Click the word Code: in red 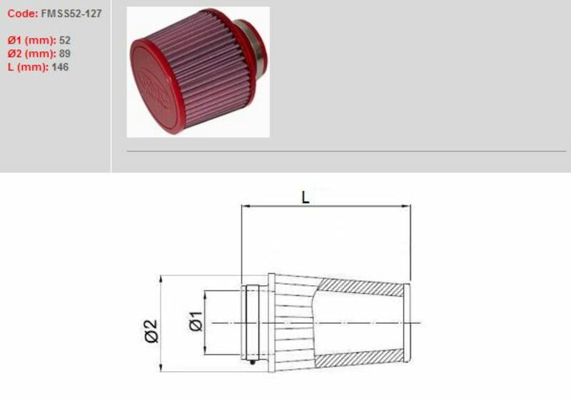(x=22, y=13)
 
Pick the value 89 (x=64, y=54)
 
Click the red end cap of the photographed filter (x=156, y=83)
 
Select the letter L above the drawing (x=305, y=197)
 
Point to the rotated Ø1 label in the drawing (x=197, y=323)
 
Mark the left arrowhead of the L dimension (x=246, y=206)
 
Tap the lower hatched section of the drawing (x=360, y=358)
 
